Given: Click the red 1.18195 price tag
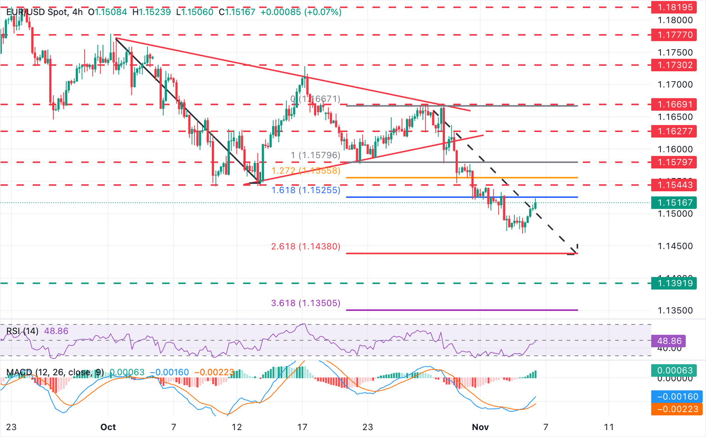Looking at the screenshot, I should [674, 7].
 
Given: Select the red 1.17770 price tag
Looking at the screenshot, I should [674, 35].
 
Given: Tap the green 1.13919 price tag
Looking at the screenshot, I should [674, 283].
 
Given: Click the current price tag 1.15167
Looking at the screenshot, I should [674, 202].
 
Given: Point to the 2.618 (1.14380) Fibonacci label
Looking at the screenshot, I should [306, 247].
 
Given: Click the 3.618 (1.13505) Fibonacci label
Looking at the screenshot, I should [306, 303].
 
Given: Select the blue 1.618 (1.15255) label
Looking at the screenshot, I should [306, 190].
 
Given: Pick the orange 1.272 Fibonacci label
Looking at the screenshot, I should [306, 171].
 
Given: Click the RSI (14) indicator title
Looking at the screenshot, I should [23, 331].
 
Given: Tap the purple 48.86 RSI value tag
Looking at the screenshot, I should [669, 341].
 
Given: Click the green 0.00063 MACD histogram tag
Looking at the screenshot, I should [674, 370].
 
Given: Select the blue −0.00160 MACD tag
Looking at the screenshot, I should [674, 397].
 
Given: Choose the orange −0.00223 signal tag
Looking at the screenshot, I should [674, 409].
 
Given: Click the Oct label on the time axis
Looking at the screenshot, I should [108, 427].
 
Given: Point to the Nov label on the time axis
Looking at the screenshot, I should [480, 427].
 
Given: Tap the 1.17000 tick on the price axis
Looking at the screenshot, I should [675, 85].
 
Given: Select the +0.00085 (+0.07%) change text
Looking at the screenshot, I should [301, 12].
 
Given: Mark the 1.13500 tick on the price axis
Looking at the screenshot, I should [675, 310].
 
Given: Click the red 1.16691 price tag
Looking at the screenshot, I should [674, 104].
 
